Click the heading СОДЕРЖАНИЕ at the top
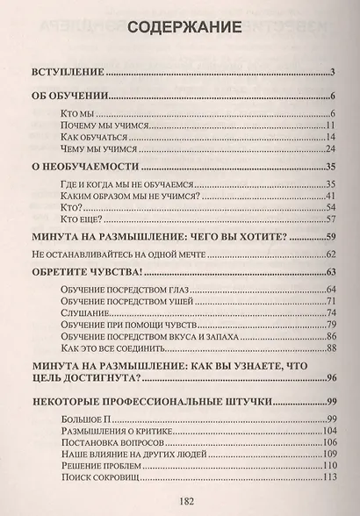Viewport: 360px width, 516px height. [180, 28]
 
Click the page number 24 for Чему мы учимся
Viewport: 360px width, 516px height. [331, 151]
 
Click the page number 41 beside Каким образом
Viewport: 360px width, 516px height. [331, 197]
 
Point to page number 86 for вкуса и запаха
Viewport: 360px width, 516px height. [331, 337]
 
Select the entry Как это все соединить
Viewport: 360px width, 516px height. [112, 349]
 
